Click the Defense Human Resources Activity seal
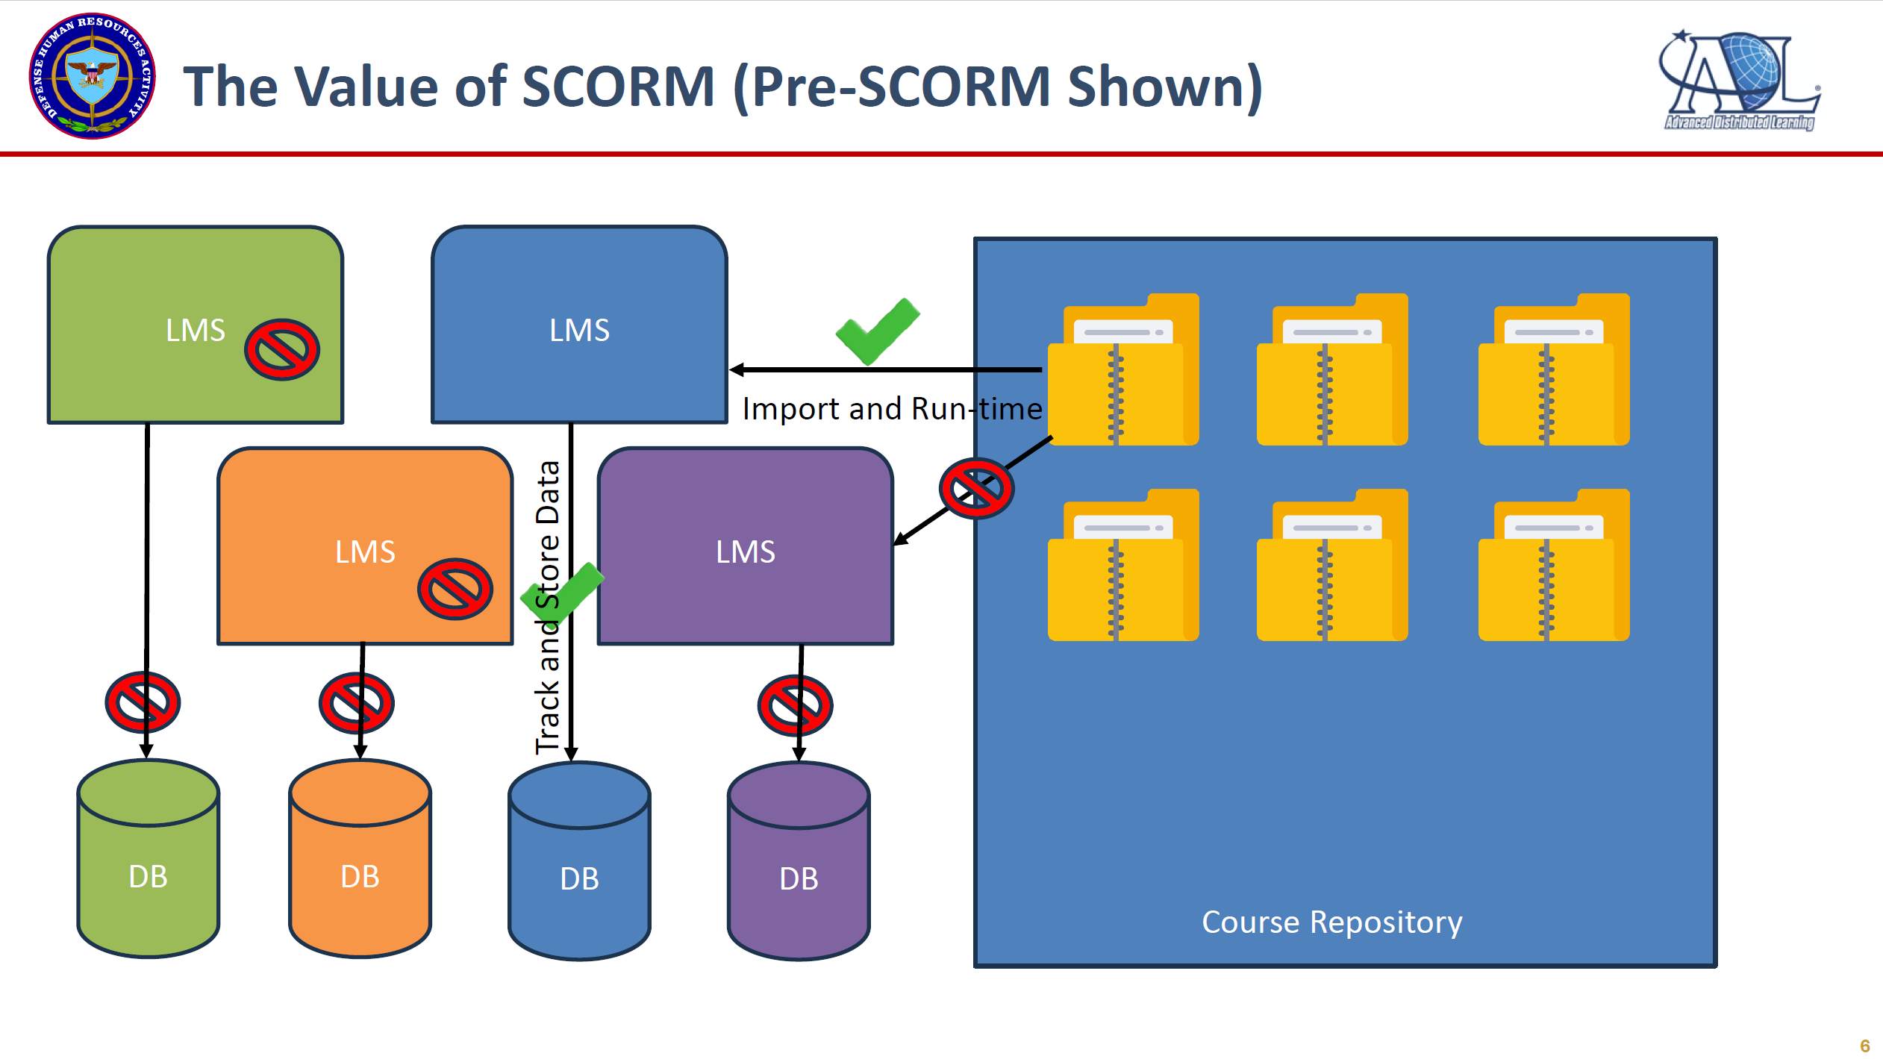click(92, 76)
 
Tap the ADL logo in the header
click(1739, 81)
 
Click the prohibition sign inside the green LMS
click(282, 350)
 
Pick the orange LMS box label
click(365, 552)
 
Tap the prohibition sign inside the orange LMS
click(455, 589)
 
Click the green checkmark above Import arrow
click(878, 331)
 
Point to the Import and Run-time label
click(892, 409)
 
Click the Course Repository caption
click(1331, 922)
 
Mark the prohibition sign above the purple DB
click(795, 705)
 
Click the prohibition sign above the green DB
click(143, 702)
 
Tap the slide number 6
click(1864, 1046)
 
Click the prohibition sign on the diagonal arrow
click(976, 489)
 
